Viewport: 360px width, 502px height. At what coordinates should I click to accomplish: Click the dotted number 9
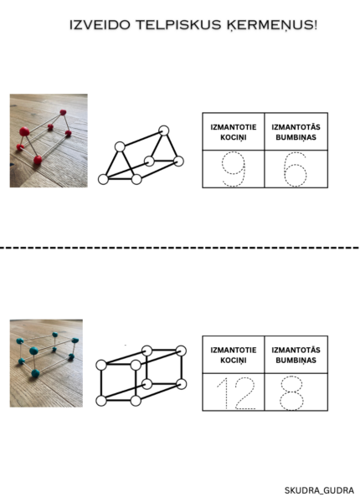tap(234, 169)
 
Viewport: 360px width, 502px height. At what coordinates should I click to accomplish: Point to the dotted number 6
tap(296, 170)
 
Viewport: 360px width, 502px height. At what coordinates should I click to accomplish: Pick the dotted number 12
tap(236, 393)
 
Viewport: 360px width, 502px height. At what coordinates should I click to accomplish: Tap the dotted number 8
tap(292, 393)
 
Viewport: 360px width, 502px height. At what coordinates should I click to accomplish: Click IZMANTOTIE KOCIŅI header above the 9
tap(234, 132)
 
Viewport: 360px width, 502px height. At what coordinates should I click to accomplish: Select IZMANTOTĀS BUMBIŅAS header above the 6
tap(296, 132)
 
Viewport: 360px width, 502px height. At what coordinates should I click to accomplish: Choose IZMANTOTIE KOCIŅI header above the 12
tap(234, 355)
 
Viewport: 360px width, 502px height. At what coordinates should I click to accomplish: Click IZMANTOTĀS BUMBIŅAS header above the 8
tap(296, 355)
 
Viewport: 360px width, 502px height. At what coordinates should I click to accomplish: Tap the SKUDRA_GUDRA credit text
tap(319, 490)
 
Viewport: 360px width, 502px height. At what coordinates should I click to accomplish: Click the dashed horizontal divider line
tap(179, 248)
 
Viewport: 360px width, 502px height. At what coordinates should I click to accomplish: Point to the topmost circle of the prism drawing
tap(163, 131)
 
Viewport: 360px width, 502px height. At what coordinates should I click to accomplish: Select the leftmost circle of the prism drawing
tap(103, 179)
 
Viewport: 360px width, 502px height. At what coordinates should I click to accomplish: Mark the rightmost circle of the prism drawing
tap(178, 161)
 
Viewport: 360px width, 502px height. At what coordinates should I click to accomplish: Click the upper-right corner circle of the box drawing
tap(181, 351)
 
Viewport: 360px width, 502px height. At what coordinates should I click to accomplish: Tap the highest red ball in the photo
tap(63, 112)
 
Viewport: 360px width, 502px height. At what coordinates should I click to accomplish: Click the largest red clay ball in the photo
tap(24, 131)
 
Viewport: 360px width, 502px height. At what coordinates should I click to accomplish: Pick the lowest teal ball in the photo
tap(35, 373)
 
